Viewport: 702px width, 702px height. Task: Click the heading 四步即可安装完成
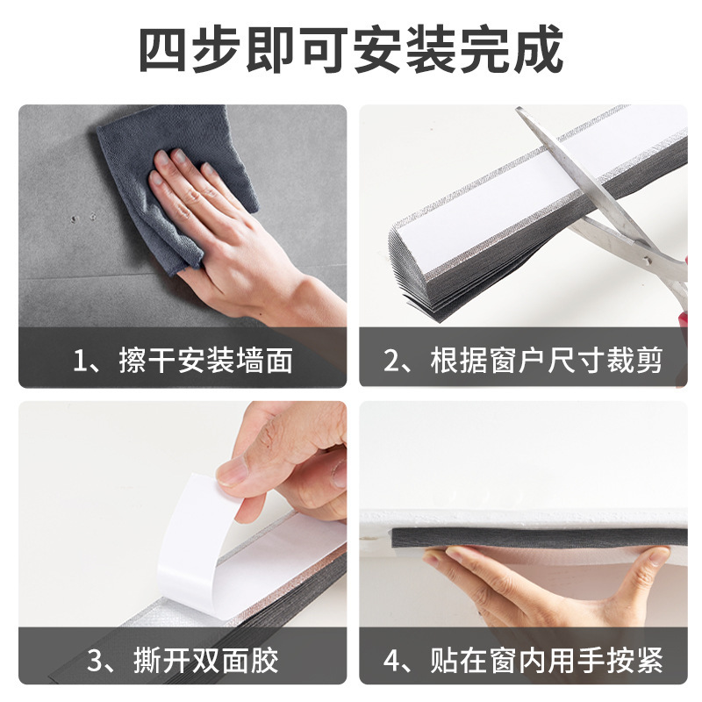click(351, 51)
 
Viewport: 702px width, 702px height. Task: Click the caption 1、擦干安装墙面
click(183, 360)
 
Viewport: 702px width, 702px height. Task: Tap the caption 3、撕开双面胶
click(183, 658)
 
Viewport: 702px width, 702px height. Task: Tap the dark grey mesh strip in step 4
click(526, 537)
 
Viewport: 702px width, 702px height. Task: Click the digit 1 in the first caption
click(81, 361)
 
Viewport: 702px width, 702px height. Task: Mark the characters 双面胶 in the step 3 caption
click(247, 658)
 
